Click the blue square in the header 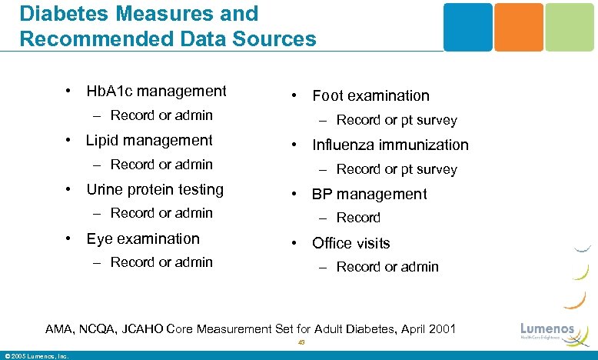(467, 27)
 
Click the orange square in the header (518, 27)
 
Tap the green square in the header (570, 27)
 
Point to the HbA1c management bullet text (156, 92)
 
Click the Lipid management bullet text (149, 140)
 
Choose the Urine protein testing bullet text (154, 189)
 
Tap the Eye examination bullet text (142, 238)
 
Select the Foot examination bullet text (370, 95)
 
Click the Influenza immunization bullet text (390, 145)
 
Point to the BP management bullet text (369, 194)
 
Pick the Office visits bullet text (350, 243)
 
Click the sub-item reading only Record (358, 218)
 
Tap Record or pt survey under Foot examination (396, 120)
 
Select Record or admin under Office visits (387, 267)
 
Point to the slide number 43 (301, 344)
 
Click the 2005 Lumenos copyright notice (37, 355)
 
